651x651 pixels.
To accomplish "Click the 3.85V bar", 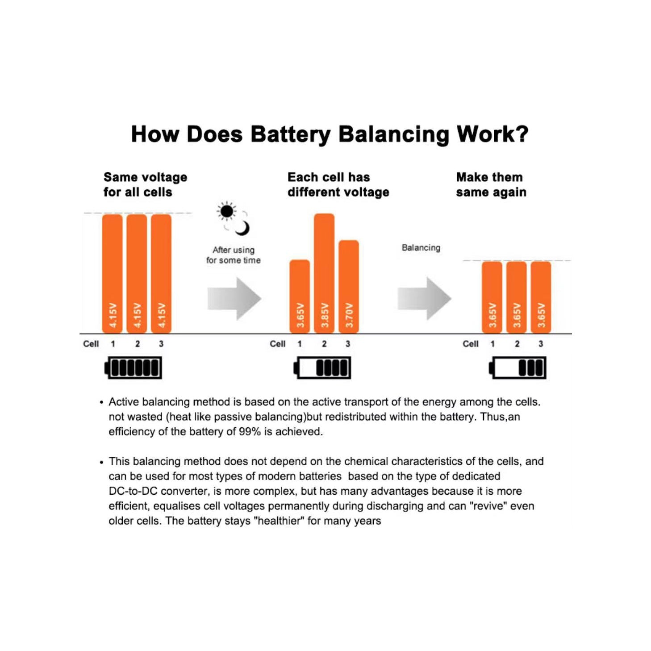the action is click(324, 273).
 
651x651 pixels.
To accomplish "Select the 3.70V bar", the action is click(348, 287).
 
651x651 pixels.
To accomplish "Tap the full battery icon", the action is click(133, 367).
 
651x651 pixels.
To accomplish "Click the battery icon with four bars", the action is click(322, 367).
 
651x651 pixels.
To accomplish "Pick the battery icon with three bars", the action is click(517, 367).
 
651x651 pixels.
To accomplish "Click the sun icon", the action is click(226, 212).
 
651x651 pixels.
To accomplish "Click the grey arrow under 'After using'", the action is click(234, 299).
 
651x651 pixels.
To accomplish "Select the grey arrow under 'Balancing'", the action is click(424, 299).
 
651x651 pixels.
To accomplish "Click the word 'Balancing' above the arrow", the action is click(421, 248).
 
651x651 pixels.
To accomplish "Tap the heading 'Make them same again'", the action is click(491, 184).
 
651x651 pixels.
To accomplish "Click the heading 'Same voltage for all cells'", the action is click(145, 184).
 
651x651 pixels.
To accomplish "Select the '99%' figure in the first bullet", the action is click(250, 431).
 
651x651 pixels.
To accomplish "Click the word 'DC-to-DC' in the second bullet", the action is click(133, 491).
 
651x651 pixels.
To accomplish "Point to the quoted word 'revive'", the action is click(490, 506).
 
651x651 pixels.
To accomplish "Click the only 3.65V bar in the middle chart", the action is click(300, 296).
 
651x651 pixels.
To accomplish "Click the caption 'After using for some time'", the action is click(234, 255).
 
